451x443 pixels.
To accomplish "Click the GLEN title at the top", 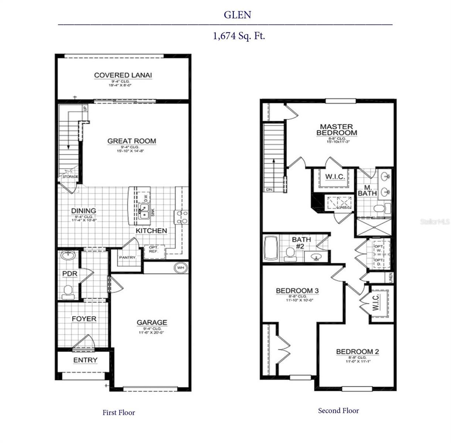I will (237, 15).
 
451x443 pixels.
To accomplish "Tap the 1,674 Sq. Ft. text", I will (239, 36).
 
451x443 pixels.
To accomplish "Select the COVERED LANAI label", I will (123, 75).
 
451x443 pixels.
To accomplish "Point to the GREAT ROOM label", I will (131, 141).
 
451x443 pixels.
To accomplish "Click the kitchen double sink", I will (144, 211).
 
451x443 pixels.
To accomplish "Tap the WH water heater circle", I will (180, 268).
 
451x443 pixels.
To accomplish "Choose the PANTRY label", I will (127, 257).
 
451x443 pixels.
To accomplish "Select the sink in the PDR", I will (68, 255).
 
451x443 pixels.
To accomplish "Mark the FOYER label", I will (84, 319).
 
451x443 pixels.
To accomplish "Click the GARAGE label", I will (152, 322).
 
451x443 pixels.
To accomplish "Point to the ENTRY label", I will (85, 360).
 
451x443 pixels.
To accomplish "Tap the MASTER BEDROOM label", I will (336, 130).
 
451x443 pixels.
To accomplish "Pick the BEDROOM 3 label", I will (297, 291).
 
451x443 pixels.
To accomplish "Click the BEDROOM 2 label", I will (357, 352).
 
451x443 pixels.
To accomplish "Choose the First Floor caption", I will (119, 413).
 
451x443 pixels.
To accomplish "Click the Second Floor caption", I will (338, 411).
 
